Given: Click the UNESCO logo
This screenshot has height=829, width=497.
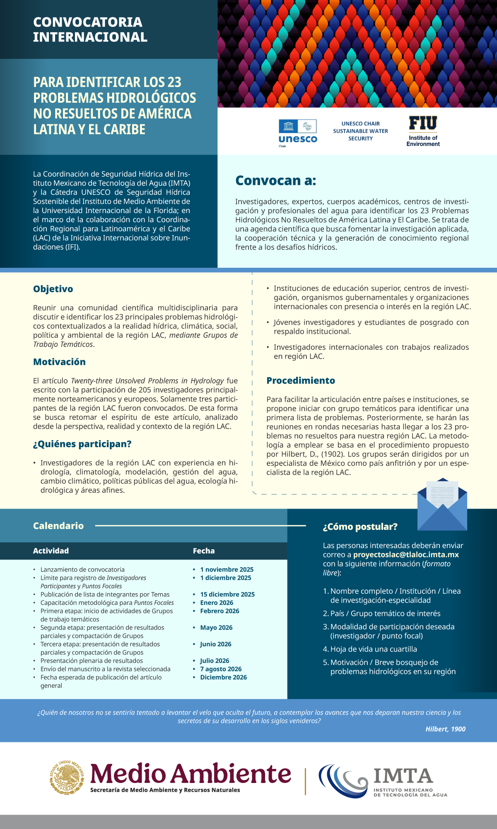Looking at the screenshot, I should click(298, 133).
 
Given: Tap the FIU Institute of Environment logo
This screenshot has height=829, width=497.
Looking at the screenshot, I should click(423, 131).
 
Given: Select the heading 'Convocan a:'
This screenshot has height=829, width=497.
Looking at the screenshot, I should click(275, 181).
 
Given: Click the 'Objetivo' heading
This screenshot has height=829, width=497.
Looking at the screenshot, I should click(53, 289).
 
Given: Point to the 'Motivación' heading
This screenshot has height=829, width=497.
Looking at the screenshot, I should click(59, 362).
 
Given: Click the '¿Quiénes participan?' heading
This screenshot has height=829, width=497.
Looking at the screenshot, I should click(82, 444).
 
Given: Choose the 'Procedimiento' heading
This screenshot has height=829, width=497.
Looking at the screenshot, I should click(301, 381).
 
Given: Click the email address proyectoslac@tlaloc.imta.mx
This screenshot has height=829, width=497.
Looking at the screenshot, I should click(406, 555).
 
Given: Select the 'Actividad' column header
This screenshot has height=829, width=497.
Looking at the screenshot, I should click(51, 551).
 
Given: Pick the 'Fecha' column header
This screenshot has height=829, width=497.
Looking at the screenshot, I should click(204, 551).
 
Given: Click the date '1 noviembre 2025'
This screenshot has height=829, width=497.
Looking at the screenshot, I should click(227, 570).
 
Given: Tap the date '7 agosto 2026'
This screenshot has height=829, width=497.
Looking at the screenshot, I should click(221, 669).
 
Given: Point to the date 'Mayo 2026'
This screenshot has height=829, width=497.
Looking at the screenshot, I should click(216, 628).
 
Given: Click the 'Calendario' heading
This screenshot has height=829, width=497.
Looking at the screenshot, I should click(58, 526).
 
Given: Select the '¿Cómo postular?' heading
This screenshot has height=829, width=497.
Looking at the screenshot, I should click(360, 527).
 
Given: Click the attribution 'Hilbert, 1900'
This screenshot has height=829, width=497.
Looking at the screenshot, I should click(445, 729).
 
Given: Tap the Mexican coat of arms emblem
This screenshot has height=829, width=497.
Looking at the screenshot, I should click(67, 778).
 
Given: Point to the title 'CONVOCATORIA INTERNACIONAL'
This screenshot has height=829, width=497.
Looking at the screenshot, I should click(90, 29).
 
